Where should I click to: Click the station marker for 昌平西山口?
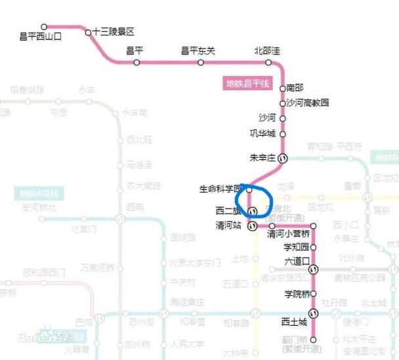(x=44, y=28)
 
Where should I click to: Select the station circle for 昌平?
(x=136, y=63)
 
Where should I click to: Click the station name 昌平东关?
(x=198, y=51)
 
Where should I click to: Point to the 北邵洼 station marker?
(x=268, y=63)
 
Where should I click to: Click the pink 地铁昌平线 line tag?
(x=248, y=83)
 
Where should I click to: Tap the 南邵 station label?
(x=295, y=88)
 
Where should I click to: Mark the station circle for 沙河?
(x=283, y=119)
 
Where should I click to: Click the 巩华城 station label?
(x=264, y=134)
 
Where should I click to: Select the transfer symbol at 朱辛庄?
(x=283, y=158)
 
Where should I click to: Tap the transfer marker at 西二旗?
(x=252, y=211)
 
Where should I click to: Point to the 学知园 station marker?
(x=314, y=247)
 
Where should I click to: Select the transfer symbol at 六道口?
(x=314, y=269)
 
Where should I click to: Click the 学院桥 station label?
(x=295, y=293)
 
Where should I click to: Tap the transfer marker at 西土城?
(x=314, y=313)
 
